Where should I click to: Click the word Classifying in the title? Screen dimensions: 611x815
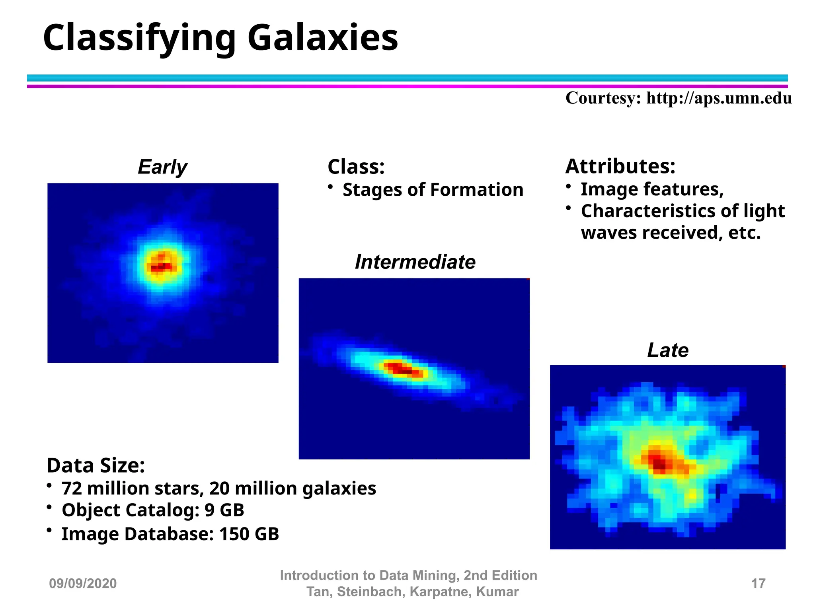(x=139, y=38)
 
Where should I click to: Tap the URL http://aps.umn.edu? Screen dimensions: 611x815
(x=719, y=98)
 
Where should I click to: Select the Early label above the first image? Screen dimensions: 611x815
(x=162, y=167)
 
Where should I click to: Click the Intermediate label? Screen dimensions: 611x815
(x=415, y=262)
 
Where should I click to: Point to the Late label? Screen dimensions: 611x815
(x=667, y=350)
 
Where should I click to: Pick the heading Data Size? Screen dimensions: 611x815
(x=96, y=465)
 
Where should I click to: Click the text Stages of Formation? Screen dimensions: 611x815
(x=433, y=190)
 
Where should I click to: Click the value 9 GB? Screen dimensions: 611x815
(x=224, y=510)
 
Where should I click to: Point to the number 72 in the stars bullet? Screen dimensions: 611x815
(x=72, y=488)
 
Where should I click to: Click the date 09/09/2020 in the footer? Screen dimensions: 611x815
(x=83, y=583)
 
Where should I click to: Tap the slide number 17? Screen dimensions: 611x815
(x=758, y=583)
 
